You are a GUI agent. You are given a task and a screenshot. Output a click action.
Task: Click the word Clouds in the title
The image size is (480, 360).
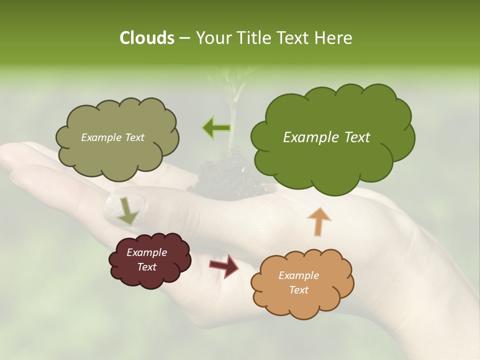click(x=146, y=38)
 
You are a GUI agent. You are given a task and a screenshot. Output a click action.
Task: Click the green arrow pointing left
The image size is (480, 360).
click(x=216, y=127)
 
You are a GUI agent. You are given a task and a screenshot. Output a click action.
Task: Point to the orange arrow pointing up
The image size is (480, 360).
click(x=319, y=221)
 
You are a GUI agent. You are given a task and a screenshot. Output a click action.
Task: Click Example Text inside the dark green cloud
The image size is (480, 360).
click(x=326, y=137)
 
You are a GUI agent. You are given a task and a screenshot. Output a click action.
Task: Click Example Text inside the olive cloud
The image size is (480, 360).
click(x=112, y=137)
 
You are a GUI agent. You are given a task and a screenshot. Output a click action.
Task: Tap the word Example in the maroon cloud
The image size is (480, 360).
click(x=146, y=252)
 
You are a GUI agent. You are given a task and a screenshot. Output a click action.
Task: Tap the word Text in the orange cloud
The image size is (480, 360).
click(x=298, y=290)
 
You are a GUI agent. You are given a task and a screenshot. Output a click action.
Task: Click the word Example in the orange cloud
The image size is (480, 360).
click(x=298, y=275)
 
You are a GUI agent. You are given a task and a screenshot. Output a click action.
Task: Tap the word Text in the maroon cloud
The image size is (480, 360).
click(x=146, y=267)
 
